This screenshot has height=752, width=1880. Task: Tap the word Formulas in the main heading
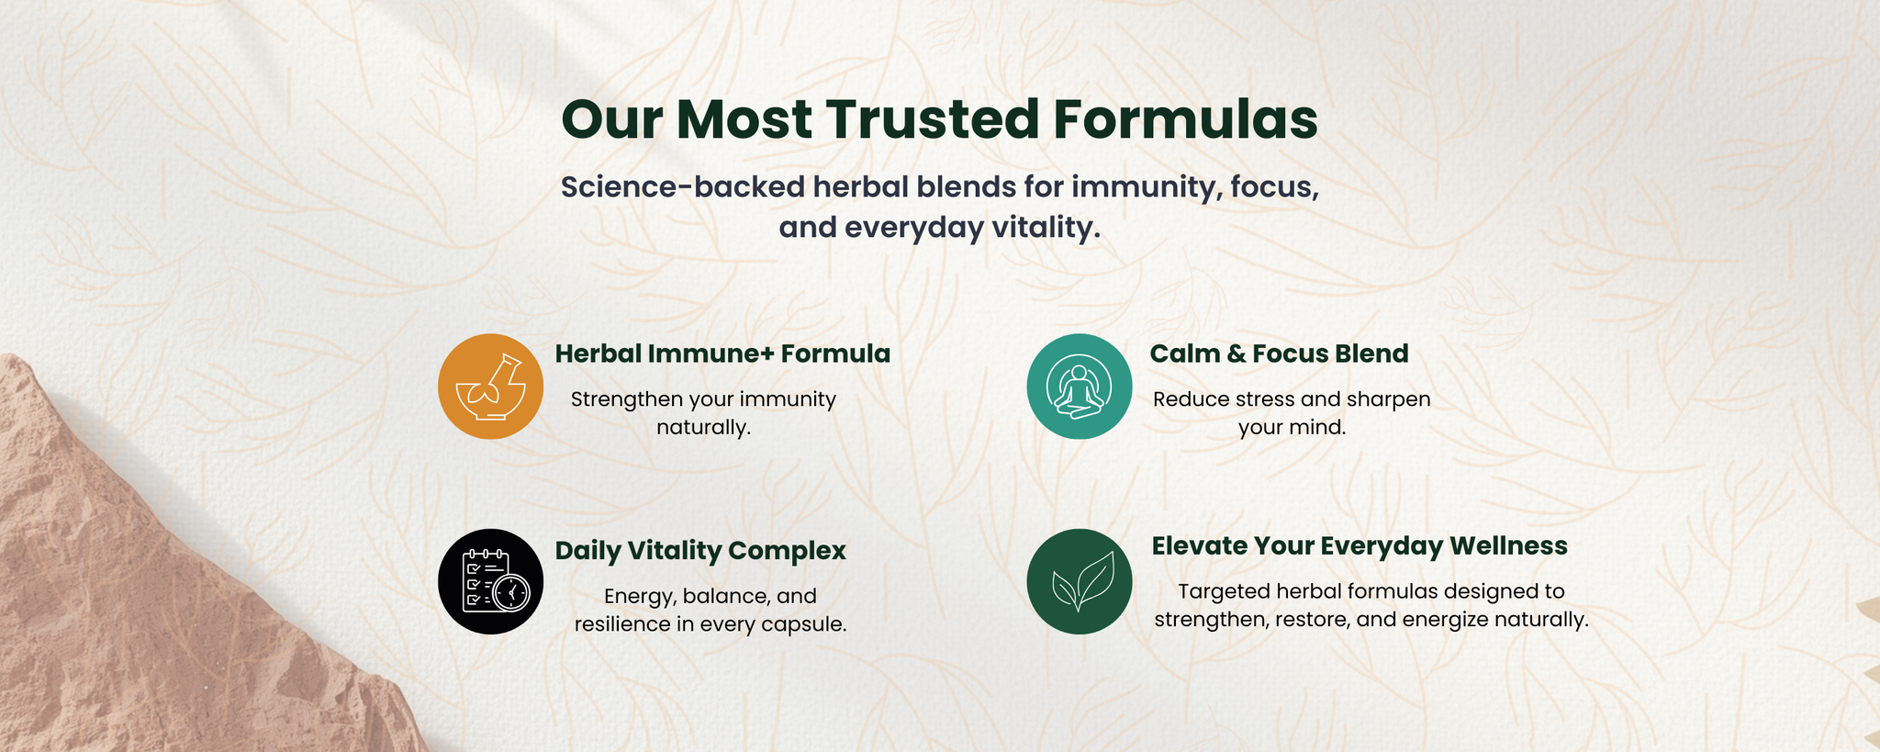point(1186,119)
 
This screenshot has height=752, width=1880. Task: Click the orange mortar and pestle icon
point(490,387)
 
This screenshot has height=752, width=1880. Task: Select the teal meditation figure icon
point(1079,387)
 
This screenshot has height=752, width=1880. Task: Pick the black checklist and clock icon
point(490,581)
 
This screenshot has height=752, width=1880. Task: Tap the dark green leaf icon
point(1079,581)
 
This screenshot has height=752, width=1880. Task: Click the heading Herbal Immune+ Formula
point(722,354)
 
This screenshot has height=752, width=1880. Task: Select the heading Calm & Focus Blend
point(1279,354)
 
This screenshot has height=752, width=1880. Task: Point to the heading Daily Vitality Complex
point(700,551)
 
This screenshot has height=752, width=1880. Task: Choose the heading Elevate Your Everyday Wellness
point(1360,546)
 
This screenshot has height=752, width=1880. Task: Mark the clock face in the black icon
point(510,592)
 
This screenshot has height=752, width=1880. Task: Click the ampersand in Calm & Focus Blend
point(1232,354)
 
